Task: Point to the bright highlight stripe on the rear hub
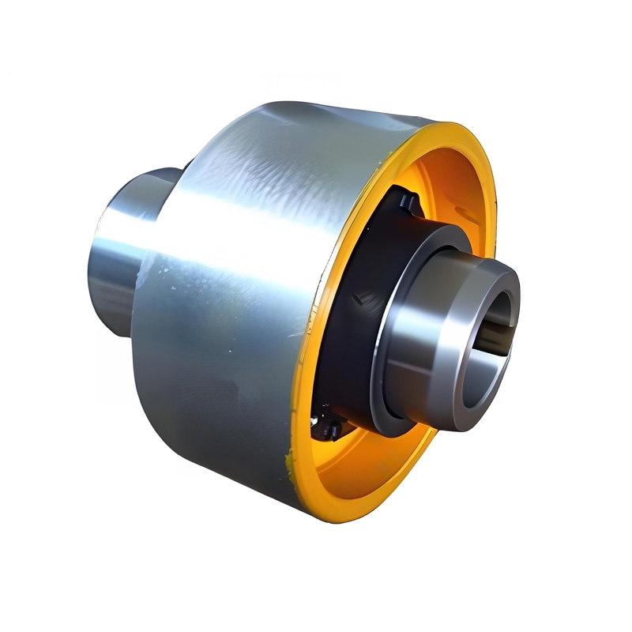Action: point(118,237)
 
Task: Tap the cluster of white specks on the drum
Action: point(166,273)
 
